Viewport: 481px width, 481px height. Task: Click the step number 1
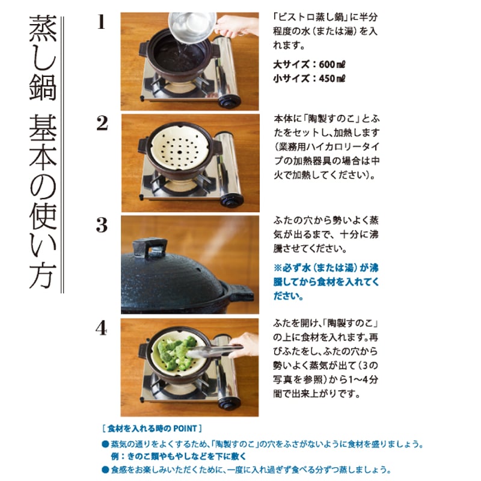[101, 23]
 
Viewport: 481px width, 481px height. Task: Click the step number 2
[102, 123]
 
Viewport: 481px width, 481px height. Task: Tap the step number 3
[102, 225]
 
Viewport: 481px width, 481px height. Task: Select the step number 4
[102, 328]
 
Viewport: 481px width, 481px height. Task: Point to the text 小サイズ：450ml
[311, 78]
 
